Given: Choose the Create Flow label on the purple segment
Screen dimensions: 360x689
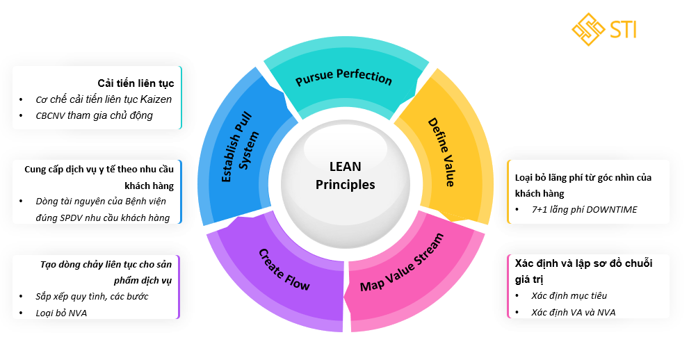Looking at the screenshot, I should pos(284,269).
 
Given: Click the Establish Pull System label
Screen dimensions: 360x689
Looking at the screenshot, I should pos(241,147).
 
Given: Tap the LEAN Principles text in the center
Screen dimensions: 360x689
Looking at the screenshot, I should pos(345,176).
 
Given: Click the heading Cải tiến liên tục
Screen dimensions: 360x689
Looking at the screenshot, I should pos(136,83).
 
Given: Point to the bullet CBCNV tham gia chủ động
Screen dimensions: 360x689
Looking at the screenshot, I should pos(94,115).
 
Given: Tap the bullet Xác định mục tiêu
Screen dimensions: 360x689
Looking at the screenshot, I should pos(565,295).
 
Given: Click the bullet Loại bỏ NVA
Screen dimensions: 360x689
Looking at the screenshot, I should pos(61,313).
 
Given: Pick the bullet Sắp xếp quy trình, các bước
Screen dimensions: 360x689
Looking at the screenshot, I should pos(92,296).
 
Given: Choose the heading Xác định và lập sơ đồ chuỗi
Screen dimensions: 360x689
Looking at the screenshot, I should pos(583,263).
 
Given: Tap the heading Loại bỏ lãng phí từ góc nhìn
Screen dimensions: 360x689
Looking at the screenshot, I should pos(583,178).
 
